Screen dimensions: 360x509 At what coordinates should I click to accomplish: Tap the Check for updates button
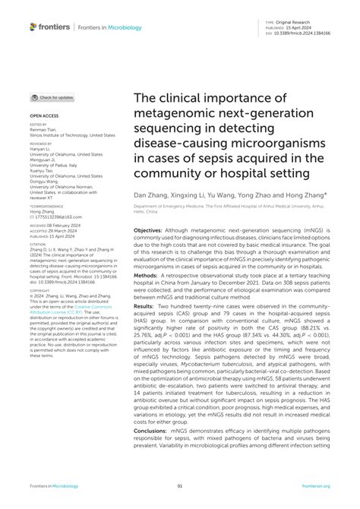(x=52, y=98)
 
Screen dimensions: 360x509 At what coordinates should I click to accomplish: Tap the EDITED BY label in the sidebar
(x=38, y=124)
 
